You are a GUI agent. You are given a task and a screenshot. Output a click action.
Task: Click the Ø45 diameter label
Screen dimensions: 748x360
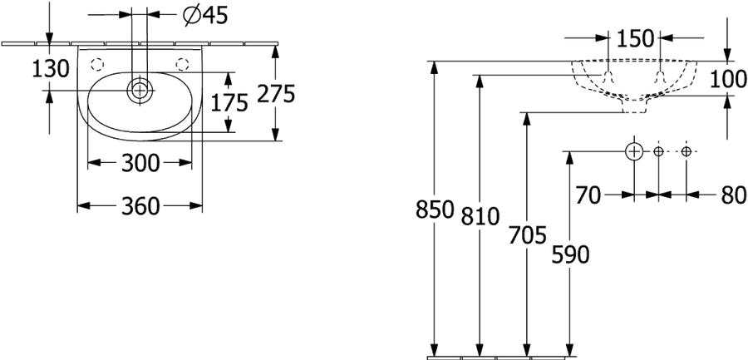(x=205, y=16)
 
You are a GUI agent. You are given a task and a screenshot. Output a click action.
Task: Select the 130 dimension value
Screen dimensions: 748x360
(x=51, y=69)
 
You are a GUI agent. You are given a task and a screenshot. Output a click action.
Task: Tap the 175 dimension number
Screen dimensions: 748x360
(x=229, y=102)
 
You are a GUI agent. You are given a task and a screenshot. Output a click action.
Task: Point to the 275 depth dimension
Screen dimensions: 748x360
(x=276, y=94)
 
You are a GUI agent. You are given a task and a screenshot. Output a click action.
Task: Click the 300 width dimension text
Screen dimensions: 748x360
(x=140, y=164)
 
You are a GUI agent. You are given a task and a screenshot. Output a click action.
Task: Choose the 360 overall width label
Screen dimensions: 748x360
(x=140, y=206)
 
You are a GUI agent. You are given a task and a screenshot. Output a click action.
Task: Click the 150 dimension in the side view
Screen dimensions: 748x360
(x=634, y=39)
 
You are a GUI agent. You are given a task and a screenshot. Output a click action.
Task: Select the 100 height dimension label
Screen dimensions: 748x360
(x=728, y=79)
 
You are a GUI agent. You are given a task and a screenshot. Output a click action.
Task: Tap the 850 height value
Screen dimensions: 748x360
(x=434, y=210)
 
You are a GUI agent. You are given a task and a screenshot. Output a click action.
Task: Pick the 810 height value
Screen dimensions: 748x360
(x=480, y=216)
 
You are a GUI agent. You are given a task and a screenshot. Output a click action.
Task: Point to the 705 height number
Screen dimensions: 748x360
(x=527, y=235)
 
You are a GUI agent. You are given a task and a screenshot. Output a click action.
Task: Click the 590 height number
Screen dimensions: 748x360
(x=570, y=254)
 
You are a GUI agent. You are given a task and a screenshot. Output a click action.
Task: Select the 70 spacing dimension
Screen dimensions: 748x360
(x=588, y=195)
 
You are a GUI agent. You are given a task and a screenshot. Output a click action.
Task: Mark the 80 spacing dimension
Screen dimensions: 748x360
(x=734, y=195)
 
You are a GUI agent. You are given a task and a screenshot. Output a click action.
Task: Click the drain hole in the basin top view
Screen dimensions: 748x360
(x=139, y=90)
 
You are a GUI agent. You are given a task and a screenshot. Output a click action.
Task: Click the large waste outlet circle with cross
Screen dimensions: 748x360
(x=634, y=151)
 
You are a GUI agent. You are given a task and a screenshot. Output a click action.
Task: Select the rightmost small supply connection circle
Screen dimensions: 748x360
(x=686, y=152)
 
